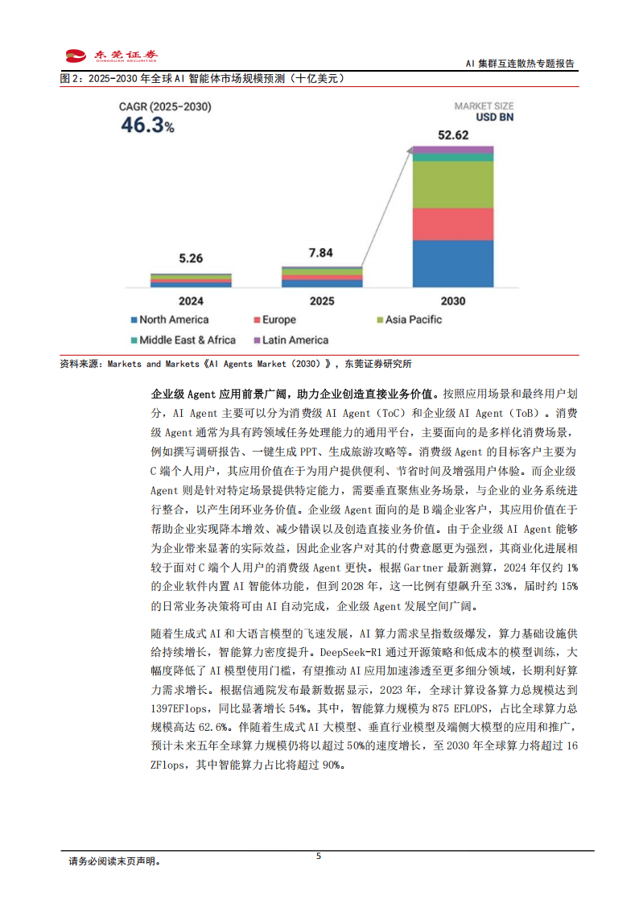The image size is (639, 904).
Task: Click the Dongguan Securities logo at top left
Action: click(x=111, y=56)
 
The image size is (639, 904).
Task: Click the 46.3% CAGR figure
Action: click(x=147, y=125)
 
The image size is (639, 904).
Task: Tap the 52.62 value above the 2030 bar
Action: click(x=453, y=135)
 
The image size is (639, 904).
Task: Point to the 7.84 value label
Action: click(x=321, y=253)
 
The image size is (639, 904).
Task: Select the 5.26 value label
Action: click(x=191, y=258)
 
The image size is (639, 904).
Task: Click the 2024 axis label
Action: click(x=191, y=301)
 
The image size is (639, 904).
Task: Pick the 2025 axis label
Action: click(x=322, y=301)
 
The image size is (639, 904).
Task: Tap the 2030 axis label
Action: click(x=453, y=301)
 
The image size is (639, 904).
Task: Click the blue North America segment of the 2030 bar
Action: click(x=453, y=263)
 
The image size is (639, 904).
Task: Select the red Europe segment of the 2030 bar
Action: click(x=453, y=224)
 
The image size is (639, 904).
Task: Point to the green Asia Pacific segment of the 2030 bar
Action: click(x=453, y=184)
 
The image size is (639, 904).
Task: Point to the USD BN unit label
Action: click(x=495, y=117)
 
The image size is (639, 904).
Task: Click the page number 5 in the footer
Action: click(x=319, y=857)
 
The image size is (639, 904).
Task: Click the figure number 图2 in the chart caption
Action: click(x=70, y=79)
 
